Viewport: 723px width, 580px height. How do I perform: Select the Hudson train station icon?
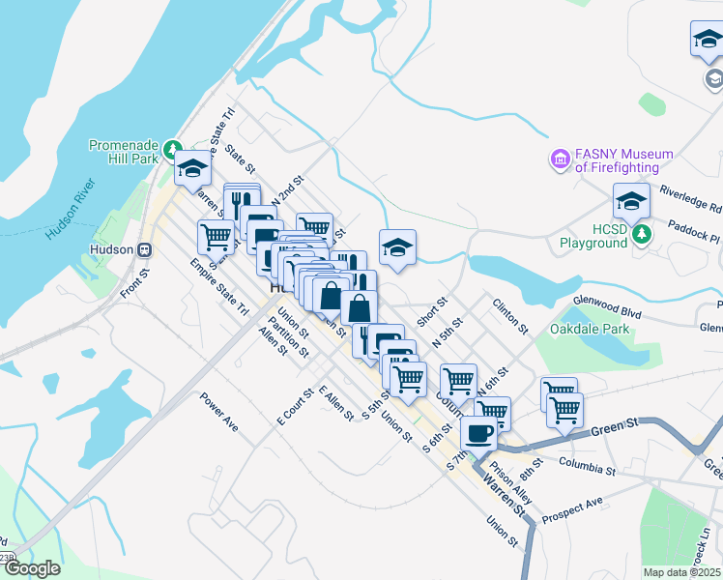[x=145, y=249]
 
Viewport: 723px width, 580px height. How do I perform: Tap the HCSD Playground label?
[x=593, y=237]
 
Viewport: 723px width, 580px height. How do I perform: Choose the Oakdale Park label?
[x=590, y=329]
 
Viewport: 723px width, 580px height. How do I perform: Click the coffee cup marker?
[x=478, y=432]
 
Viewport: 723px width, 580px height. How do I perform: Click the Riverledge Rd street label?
[x=690, y=200]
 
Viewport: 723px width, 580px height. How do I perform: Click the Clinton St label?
[x=510, y=316]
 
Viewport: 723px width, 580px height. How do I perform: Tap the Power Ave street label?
[x=218, y=411]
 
